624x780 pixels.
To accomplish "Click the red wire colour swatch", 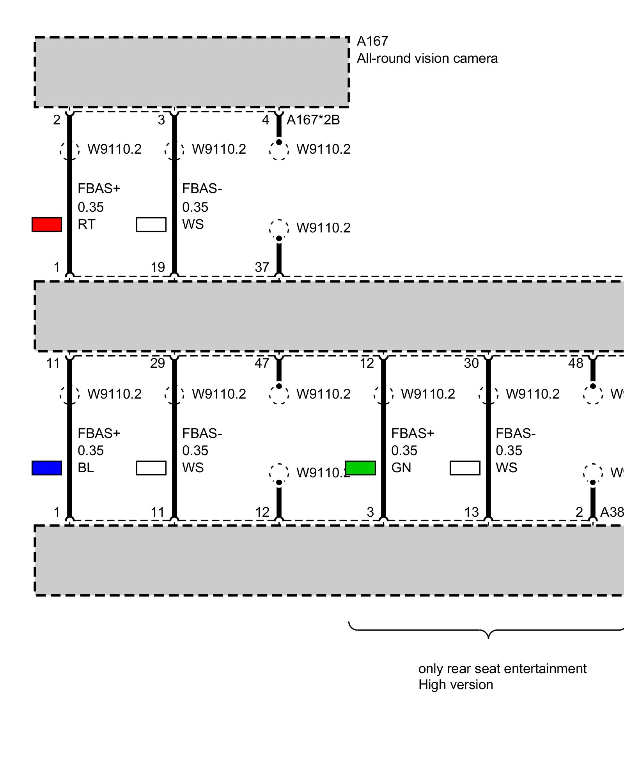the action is tap(47, 225).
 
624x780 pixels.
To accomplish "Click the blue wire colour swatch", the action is tap(47, 468).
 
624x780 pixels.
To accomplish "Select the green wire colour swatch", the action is tap(360, 468).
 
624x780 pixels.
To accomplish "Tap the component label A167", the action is tap(372, 41).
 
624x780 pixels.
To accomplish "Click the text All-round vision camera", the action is tap(427, 58).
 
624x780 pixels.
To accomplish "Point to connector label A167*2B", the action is tap(313, 120).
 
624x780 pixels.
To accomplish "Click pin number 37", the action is tap(262, 268).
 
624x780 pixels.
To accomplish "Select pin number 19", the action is tap(158, 268).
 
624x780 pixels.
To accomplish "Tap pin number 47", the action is tap(262, 363).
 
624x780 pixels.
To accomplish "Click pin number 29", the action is tap(158, 363).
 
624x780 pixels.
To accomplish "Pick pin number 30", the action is tap(471, 363).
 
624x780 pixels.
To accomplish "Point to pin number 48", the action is tap(576, 363).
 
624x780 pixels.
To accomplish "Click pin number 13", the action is tap(472, 512).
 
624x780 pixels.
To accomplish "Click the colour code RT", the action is tap(86, 225).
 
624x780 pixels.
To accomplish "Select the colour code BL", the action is tap(86, 468).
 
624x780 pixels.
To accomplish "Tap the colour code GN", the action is tap(401, 468).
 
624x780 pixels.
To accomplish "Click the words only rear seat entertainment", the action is tap(502, 668).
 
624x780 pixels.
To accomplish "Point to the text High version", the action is tap(456, 685).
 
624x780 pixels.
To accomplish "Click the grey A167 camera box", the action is tap(191, 72).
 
